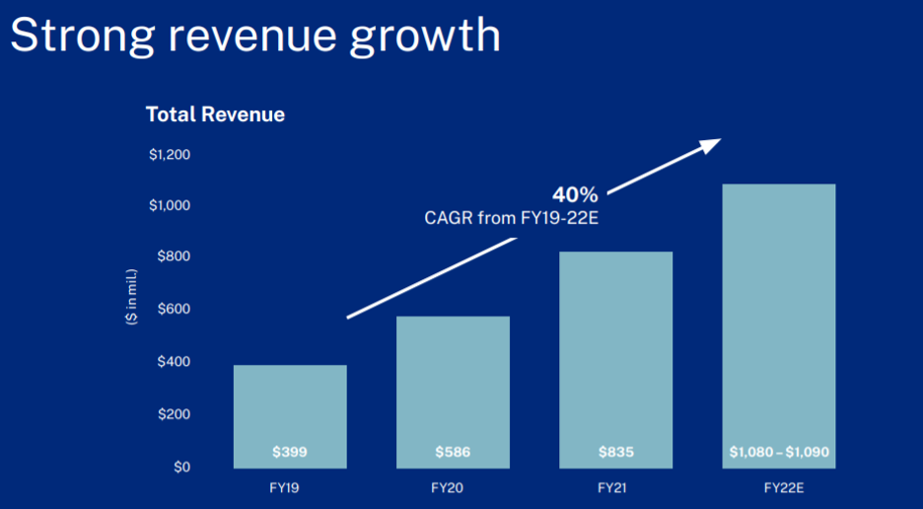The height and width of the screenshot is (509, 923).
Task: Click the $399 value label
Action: (290, 453)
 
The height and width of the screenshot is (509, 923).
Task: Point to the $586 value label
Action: (453, 453)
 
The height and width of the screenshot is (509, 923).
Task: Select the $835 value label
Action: (615, 453)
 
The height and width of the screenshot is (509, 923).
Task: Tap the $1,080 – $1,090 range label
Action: (779, 453)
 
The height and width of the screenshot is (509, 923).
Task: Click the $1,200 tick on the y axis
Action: (170, 155)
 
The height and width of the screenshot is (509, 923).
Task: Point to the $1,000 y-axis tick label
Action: (170, 205)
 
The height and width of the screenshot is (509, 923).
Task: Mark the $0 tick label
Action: (180, 467)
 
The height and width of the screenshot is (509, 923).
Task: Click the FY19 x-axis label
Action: (290, 488)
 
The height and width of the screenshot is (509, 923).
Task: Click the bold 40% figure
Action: (574, 194)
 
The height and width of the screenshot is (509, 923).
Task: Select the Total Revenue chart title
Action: (215, 114)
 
